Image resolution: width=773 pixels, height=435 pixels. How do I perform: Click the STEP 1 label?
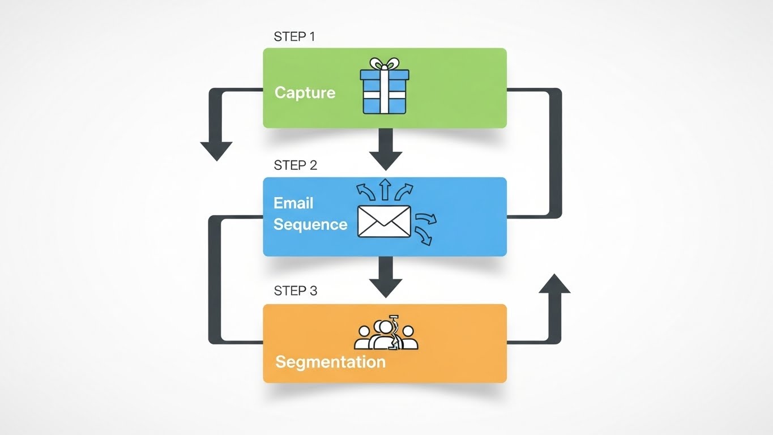point(294,37)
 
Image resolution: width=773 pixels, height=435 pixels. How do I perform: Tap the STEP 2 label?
point(295,165)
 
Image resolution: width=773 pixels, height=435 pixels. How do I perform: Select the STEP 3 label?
point(295,291)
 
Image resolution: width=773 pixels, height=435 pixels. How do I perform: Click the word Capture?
point(305,93)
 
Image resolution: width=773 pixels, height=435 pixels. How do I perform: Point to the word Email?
point(293,203)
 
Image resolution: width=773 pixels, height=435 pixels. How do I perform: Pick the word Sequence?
point(310,224)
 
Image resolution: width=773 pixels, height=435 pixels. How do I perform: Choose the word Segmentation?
point(330,361)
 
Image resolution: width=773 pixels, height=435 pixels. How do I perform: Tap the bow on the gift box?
point(384,63)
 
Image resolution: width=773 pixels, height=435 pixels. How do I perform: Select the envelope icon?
point(384,221)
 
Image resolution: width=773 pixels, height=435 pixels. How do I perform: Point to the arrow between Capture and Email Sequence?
point(385,150)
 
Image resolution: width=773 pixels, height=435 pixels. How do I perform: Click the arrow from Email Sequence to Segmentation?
point(385,278)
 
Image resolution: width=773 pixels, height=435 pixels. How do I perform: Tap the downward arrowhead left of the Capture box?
point(217,150)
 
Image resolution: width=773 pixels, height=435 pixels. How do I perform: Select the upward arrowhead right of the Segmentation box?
point(554,283)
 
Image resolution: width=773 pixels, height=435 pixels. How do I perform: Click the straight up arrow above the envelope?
point(385,190)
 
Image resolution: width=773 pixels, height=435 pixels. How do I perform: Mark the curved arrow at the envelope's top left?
point(366,191)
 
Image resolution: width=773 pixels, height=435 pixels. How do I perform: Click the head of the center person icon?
point(386,327)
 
